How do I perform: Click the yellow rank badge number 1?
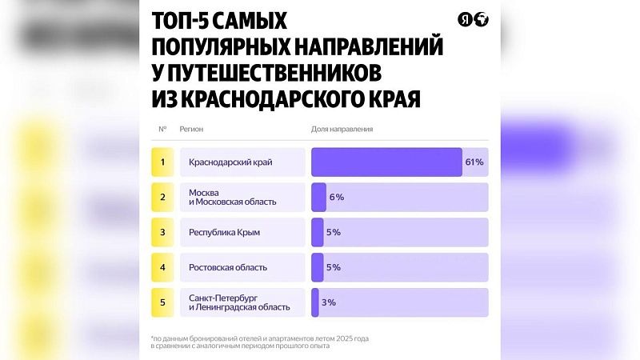tap(162, 162)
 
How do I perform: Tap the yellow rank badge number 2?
tap(162, 197)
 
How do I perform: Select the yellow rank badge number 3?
tap(162, 232)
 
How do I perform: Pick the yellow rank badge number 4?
tap(162, 267)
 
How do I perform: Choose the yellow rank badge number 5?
tap(162, 302)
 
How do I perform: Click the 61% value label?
tap(474, 162)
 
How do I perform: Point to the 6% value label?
tap(336, 197)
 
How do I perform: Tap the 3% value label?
tap(328, 302)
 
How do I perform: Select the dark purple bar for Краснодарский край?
tap(386, 162)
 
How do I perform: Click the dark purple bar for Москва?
tap(318, 197)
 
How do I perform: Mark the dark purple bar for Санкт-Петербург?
tap(315, 302)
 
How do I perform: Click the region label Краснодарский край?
tap(230, 162)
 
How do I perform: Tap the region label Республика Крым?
tap(224, 232)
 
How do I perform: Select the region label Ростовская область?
tap(227, 267)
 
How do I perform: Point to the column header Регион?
tap(191, 129)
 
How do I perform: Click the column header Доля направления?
tap(342, 129)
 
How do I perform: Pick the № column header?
tap(162, 129)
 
